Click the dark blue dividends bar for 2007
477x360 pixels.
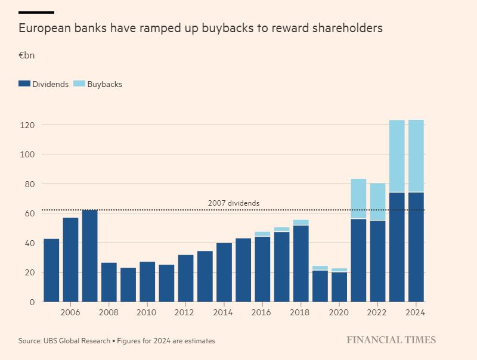(89, 256)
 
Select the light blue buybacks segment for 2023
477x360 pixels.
(397, 156)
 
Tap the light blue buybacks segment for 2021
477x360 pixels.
(358, 198)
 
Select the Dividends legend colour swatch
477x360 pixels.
(24, 84)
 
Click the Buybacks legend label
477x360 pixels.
(104, 84)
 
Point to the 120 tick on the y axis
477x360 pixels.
(27, 125)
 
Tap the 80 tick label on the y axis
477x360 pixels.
(29, 184)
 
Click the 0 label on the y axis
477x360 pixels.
(32, 302)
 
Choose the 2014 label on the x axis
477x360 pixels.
(223, 312)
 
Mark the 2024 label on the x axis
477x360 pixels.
(415, 312)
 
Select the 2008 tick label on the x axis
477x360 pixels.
(109, 312)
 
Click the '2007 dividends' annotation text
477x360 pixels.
(234, 203)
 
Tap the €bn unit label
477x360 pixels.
(26, 55)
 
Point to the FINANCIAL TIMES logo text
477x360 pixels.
(391, 340)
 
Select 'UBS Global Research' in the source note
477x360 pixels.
(76, 341)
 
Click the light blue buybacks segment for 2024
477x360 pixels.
(416, 156)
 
